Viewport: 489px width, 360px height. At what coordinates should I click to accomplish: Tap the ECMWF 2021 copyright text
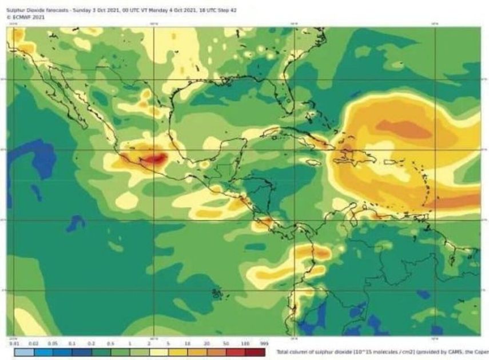click(21, 17)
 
